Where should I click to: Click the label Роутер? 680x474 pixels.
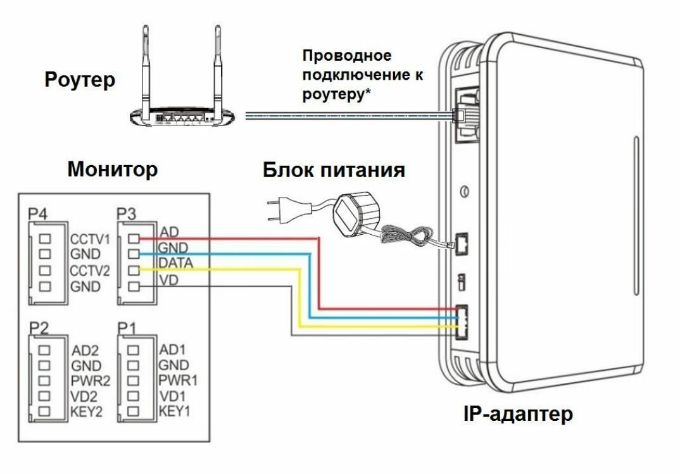point(80,80)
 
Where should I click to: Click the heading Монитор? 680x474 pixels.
point(113,170)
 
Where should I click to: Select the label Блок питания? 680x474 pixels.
point(334,170)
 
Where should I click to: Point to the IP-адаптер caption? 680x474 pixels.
point(519,415)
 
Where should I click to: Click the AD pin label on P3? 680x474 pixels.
point(170,231)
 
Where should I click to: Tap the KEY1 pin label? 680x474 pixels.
point(174,411)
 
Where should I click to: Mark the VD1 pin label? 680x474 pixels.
point(172,396)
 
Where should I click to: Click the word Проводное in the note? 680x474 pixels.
point(347,56)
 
